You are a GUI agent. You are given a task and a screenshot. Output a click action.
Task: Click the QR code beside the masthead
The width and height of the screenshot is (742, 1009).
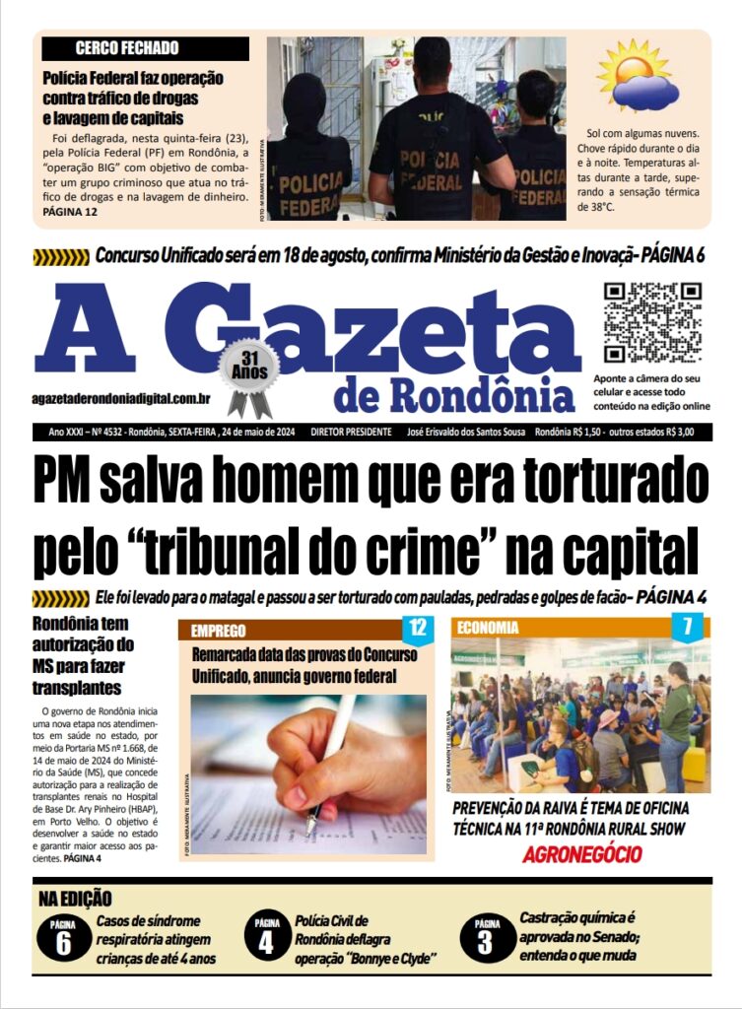pos(652,322)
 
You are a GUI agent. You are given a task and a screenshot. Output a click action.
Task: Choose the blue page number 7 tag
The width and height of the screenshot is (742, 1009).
pos(687,627)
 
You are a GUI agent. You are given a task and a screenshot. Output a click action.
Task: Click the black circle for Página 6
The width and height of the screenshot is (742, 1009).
pos(63,938)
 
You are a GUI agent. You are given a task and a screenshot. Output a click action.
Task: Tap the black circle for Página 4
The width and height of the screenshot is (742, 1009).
pos(266,938)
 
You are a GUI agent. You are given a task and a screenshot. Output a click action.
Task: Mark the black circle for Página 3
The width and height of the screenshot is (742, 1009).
pos(486,938)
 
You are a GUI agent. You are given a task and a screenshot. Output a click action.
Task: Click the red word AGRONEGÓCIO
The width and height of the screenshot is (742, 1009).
pos(581,854)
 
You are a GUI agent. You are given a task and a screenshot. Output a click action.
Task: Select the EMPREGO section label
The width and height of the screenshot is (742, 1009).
pos(219,631)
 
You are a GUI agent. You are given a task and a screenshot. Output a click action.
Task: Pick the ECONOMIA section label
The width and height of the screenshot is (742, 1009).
pos(487,628)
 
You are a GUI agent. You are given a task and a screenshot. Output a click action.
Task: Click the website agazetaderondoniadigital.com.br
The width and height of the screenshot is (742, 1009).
pos(122,398)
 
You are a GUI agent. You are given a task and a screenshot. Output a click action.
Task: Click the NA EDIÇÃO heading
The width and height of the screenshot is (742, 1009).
pos(75,899)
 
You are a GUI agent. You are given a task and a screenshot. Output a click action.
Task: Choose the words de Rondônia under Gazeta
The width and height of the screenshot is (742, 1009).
pos(453,394)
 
